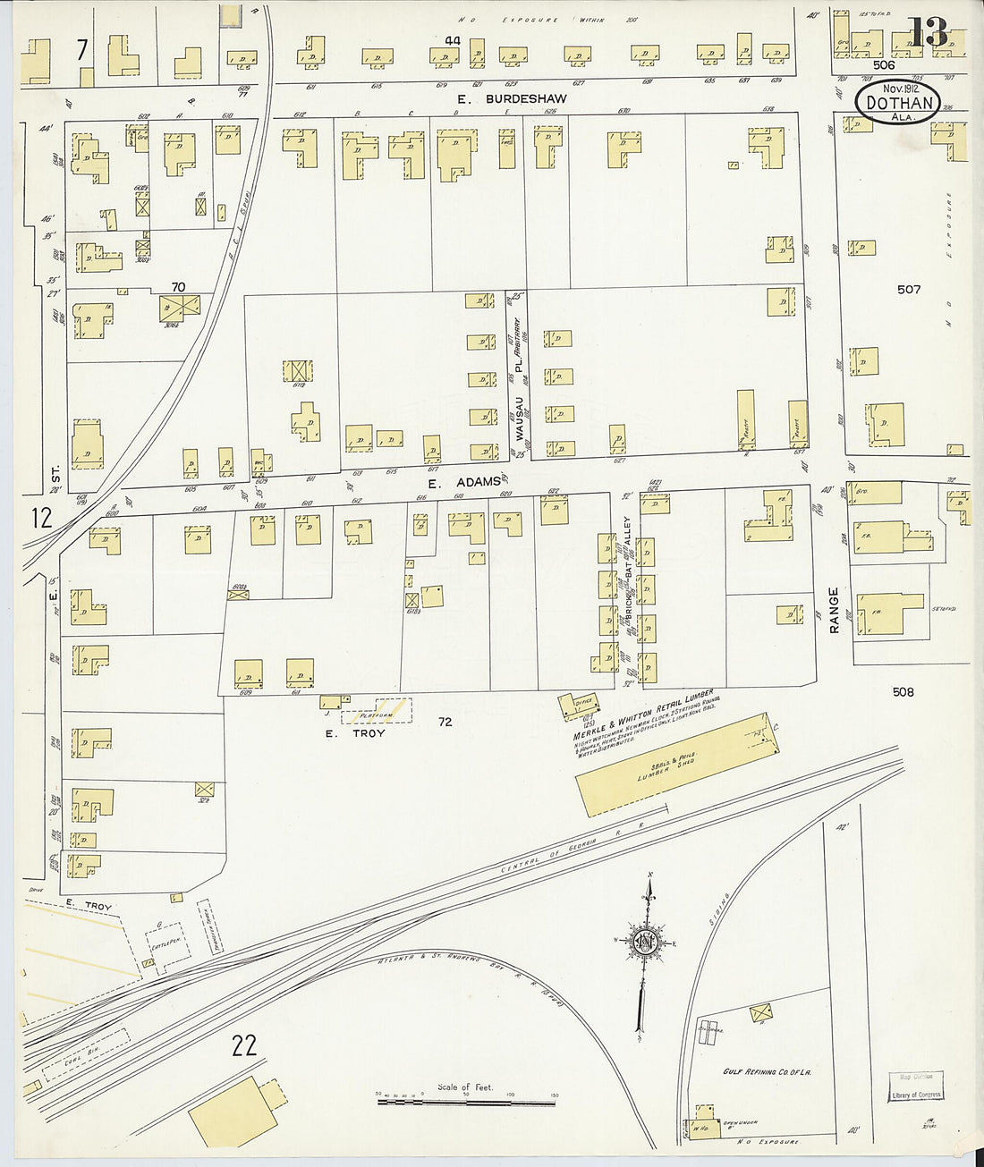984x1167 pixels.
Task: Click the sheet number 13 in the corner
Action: tap(929, 33)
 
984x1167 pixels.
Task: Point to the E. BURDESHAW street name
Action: tap(512, 99)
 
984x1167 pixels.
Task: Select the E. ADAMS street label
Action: tap(463, 482)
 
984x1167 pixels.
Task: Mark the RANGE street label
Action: tap(834, 610)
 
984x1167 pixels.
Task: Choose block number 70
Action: tap(178, 287)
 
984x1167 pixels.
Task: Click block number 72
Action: tap(445, 722)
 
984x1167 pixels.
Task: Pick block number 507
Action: tap(909, 289)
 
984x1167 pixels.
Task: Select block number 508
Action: tap(903, 691)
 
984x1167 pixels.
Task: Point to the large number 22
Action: tap(244, 1045)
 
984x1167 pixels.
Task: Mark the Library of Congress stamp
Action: tap(916, 1087)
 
